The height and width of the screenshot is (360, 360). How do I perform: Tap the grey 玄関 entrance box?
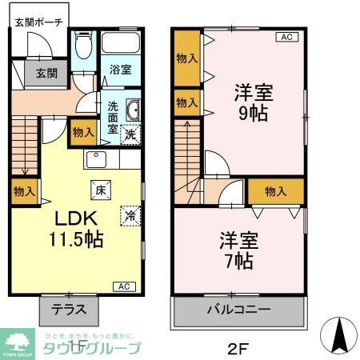46,74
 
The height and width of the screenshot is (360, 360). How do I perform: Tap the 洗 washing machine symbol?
130,134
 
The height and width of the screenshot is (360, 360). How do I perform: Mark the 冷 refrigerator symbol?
128,214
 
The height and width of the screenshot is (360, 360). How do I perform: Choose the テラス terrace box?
69,309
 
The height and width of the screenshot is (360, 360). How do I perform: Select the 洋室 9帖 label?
254,102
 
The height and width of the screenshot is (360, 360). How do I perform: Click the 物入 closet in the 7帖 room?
275,191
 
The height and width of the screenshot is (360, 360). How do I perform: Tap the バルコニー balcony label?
239,310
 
